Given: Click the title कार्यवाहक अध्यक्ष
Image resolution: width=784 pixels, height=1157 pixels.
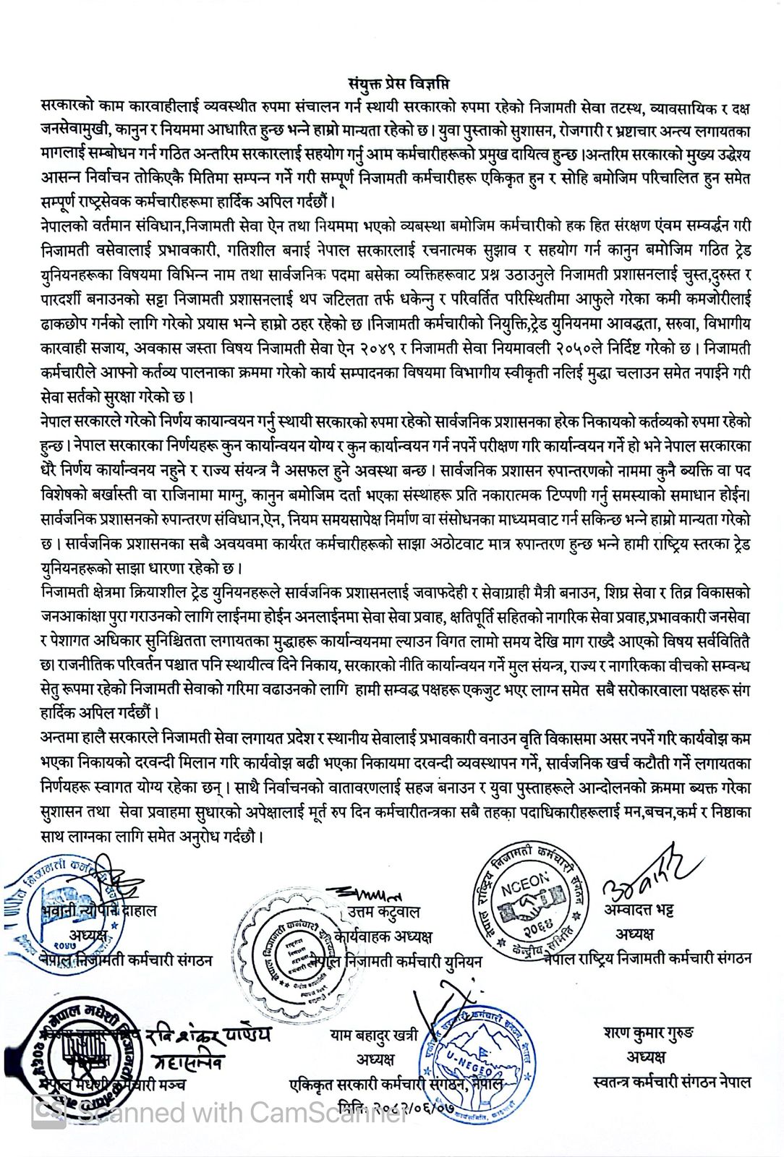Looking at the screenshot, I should [383, 936].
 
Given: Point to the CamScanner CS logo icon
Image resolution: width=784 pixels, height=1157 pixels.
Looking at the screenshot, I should [48, 1114].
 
